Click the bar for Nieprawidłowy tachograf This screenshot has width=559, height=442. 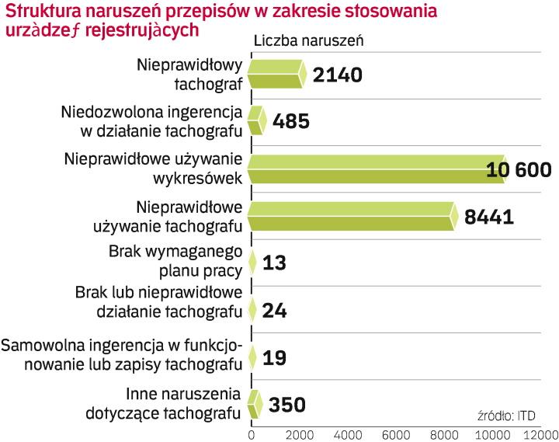[x=277, y=74]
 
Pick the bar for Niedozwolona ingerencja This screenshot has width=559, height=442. [x=257, y=122]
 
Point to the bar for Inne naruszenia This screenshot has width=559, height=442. [x=255, y=404]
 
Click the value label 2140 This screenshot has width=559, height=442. [x=338, y=75]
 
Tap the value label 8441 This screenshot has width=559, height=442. [x=488, y=217]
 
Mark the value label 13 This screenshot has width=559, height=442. [x=276, y=263]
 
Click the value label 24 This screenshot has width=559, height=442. [x=276, y=311]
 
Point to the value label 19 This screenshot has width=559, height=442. [x=276, y=358]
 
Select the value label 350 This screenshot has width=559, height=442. [x=286, y=405]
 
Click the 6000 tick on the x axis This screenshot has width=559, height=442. [x=395, y=432]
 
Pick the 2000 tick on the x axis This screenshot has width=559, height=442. [x=299, y=432]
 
